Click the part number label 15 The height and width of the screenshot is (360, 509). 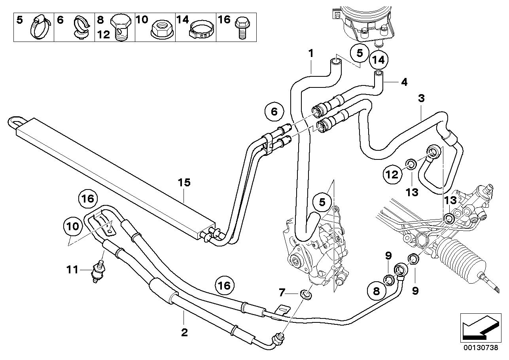tap(184, 182)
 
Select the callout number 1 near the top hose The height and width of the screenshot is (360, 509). tap(311, 53)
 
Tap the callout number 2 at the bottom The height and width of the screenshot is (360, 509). tap(184, 333)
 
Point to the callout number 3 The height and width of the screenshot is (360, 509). tap(422, 99)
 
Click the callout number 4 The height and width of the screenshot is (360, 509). tap(403, 82)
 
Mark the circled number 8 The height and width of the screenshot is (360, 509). tap(376, 292)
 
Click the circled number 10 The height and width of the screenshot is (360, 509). tap(73, 226)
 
